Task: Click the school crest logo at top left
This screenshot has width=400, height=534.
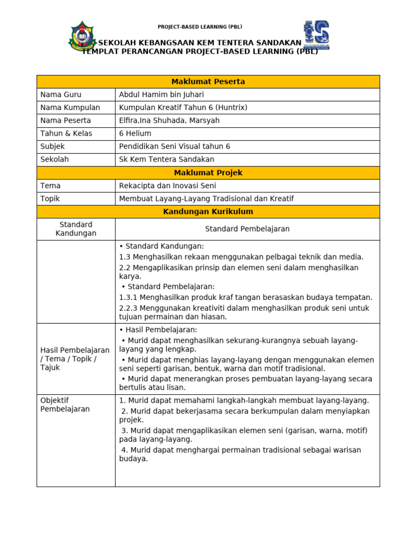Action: click(82, 36)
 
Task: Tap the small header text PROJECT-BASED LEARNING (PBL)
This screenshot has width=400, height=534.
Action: click(200, 27)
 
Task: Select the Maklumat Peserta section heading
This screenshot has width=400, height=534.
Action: click(208, 82)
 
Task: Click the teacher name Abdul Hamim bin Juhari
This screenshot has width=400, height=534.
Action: click(161, 95)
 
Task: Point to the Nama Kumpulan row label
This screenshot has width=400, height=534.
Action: click(70, 108)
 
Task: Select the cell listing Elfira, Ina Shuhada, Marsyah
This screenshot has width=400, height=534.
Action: click(169, 121)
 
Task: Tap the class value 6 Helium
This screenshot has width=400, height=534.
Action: click(135, 133)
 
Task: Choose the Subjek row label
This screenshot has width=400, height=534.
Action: click(53, 147)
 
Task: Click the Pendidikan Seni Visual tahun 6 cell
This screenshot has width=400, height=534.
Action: click(174, 147)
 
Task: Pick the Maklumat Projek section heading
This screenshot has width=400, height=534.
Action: click(208, 173)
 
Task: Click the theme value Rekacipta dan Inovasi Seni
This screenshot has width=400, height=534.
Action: click(167, 186)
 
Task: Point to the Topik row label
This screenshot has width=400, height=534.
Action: click(51, 199)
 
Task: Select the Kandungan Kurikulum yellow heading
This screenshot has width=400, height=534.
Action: click(208, 212)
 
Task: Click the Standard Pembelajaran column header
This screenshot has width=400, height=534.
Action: click(247, 229)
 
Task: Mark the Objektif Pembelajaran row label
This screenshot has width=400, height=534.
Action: click(65, 405)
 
